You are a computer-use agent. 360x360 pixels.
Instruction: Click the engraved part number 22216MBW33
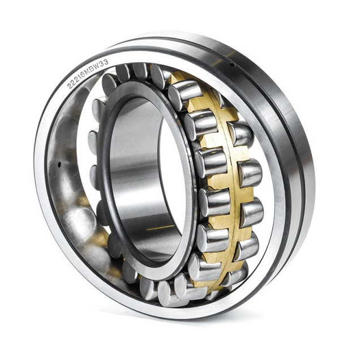coord(88,74)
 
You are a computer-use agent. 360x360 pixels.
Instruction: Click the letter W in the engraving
coord(98,66)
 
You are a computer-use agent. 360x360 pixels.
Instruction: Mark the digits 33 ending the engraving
coord(105,62)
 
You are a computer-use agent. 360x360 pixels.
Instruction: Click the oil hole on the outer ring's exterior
coord(232,65)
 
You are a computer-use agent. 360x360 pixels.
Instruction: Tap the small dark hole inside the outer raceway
coord(59,164)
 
